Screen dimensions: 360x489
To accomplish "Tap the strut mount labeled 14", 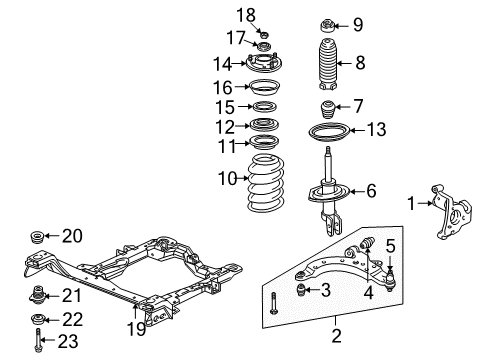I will (265, 65).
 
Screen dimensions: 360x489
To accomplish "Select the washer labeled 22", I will (38, 318).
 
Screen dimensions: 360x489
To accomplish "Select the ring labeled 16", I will (265, 87).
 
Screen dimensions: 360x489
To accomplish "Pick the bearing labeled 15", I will (265, 107).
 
